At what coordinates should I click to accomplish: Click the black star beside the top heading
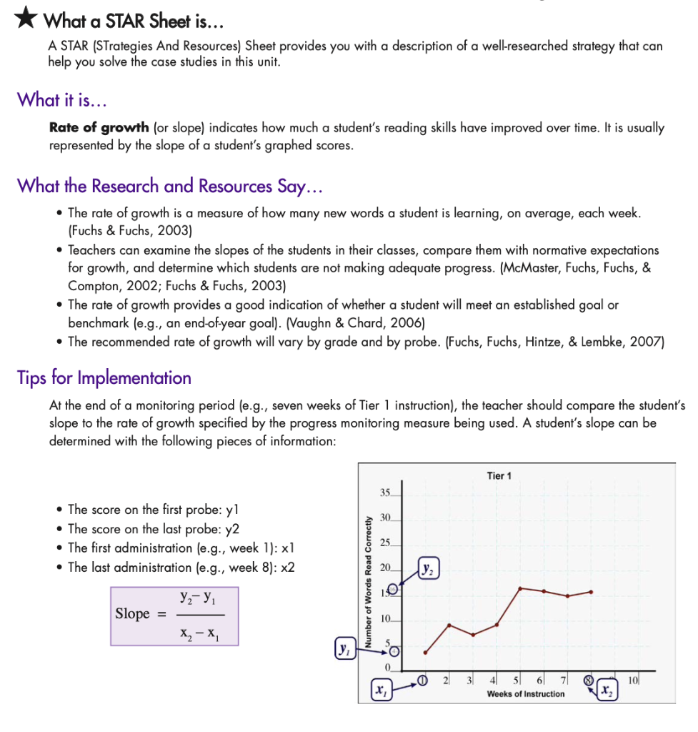[26, 19]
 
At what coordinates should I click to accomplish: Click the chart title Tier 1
[499, 475]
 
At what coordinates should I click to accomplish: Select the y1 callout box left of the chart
[344, 650]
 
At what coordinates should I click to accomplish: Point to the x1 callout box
[380, 691]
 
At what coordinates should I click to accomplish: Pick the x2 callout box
[606, 691]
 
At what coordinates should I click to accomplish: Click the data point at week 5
[520, 588]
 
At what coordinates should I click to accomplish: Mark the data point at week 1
[426, 652]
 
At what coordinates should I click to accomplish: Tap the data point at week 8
[591, 592]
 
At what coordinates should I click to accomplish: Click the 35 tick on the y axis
[386, 493]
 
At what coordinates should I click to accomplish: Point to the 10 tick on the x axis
[633, 679]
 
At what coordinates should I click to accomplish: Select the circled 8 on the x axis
[589, 680]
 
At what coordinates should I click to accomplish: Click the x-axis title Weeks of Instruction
[525, 694]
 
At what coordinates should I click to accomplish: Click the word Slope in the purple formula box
[133, 613]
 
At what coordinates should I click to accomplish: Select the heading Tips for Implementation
[104, 377]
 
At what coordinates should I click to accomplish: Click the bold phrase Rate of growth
[99, 128]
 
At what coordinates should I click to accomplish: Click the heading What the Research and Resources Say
[170, 186]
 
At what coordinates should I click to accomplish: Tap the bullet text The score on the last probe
[153, 529]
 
